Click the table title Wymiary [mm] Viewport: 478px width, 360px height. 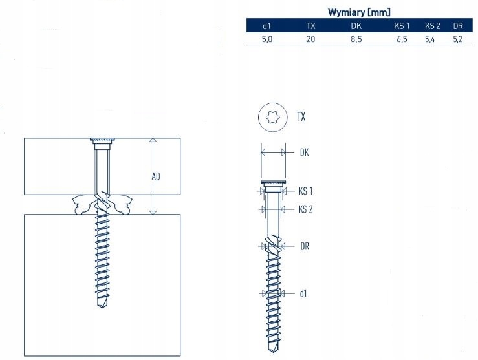[x=359, y=11]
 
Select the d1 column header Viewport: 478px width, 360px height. [x=266, y=26]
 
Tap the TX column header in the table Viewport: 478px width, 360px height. [x=311, y=26]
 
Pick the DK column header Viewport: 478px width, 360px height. [x=356, y=26]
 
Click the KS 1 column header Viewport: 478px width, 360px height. [x=401, y=26]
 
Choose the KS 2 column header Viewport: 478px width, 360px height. [x=432, y=26]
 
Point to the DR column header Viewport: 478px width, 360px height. [x=458, y=26]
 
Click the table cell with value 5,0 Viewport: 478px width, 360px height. [x=266, y=39]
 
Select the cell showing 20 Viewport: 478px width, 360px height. [x=311, y=39]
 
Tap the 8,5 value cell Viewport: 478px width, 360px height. [x=356, y=39]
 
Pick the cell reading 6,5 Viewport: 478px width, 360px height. [x=401, y=39]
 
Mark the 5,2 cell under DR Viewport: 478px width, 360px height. [x=458, y=39]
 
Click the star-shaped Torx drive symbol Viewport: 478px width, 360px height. [x=272, y=117]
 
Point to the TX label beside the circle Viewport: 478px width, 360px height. [x=301, y=117]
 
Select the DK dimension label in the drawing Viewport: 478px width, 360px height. [x=305, y=153]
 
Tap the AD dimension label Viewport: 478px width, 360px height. [x=156, y=176]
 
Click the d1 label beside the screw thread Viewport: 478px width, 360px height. [x=303, y=293]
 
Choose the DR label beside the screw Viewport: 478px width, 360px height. [x=305, y=246]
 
